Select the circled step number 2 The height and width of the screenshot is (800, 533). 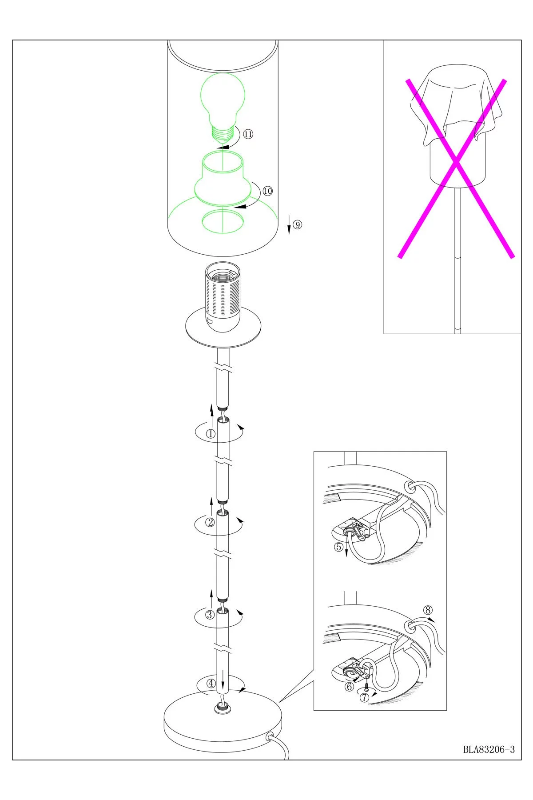pyautogui.click(x=211, y=522)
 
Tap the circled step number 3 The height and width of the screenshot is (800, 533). pyautogui.click(x=210, y=615)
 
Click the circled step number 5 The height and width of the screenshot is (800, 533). pyautogui.click(x=338, y=547)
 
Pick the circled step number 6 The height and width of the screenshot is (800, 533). pyautogui.click(x=350, y=687)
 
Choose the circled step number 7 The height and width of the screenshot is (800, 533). pyautogui.click(x=364, y=697)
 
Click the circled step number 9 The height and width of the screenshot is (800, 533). pyautogui.click(x=297, y=225)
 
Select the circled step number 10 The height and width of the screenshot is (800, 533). pyautogui.click(x=267, y=191)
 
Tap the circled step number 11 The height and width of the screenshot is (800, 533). pyautogui.click(x=248, y=134)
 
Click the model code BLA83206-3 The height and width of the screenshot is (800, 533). pyautogui.click(x=489, y=749)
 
